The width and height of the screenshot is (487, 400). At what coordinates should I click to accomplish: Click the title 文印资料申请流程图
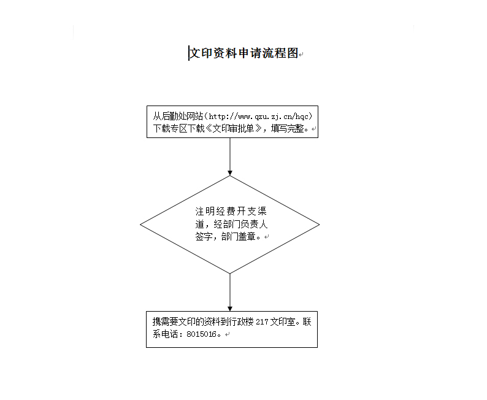[244, 53]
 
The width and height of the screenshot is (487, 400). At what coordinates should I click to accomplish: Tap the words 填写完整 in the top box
[287, 128]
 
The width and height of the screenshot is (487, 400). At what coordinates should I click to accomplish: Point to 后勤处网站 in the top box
[182, 116]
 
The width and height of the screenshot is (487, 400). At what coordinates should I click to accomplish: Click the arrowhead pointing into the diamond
[230, 173]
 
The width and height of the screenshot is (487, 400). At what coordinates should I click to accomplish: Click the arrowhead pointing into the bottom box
[230, 309]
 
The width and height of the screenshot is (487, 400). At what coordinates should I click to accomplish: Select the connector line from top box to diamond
[230, 156]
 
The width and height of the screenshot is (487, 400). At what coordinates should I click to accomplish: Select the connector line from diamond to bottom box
[230, 292]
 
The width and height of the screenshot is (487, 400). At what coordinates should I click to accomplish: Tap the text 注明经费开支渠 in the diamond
[231, 211]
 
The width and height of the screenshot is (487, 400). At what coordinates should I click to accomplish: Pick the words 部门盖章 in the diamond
[238, 237]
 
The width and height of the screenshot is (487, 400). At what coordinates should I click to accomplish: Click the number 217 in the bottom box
[262, 322]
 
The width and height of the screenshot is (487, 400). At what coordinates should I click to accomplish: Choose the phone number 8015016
[201, 334]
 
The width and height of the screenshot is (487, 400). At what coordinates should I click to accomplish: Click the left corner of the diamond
[140, 225]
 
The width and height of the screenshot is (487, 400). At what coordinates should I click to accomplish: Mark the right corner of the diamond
[320, 225]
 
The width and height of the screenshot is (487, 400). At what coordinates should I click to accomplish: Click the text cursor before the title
[188, 53]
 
